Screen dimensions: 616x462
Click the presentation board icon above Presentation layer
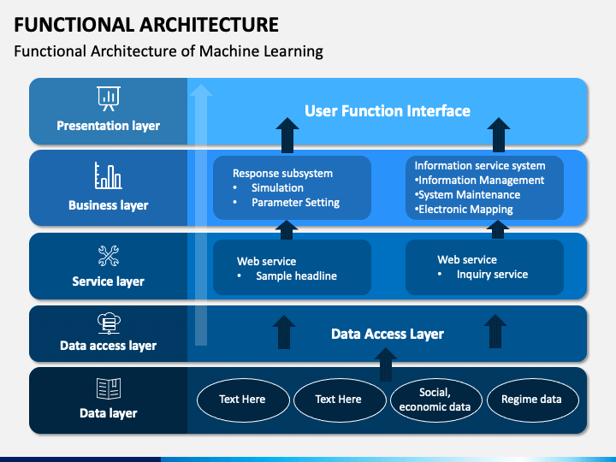[109, 98]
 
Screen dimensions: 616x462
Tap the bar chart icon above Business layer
[108, 175]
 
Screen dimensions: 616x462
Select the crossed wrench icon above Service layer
[109, 256]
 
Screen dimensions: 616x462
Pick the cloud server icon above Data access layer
[109, 323]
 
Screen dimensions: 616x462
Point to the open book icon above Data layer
[109, 388]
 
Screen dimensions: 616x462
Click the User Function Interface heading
[388, 110]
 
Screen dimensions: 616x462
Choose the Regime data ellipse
[533, 400]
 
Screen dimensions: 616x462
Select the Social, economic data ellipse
[436, 400]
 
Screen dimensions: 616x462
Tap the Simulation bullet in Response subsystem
[277, 187]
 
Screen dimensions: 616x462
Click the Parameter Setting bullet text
[295, 202]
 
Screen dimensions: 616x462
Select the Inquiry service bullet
[492, 275]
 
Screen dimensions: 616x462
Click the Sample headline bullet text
[296, 275]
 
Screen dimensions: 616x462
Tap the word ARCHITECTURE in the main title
[209, 24]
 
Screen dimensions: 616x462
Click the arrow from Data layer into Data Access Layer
[385, 364]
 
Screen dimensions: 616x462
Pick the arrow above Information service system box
[499, 135]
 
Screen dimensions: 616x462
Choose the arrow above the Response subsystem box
[287, 135]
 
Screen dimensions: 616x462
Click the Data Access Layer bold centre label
[388, 334]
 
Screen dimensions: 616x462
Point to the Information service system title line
[480, 166]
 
